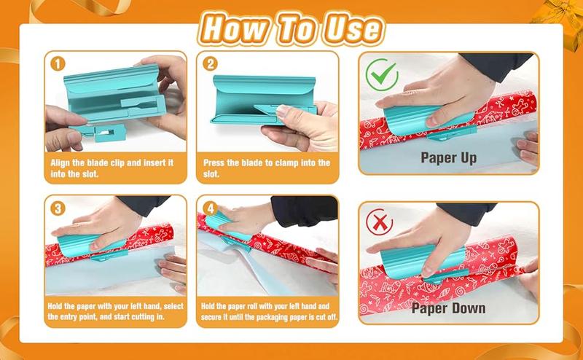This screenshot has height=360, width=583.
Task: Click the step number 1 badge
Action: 58,64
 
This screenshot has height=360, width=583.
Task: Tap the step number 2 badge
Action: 210,64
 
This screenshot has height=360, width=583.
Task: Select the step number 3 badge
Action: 58,208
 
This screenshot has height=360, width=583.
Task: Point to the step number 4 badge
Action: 210,208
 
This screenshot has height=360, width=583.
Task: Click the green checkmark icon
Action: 382,74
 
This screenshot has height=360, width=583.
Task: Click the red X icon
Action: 379,222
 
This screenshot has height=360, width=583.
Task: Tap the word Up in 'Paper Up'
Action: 469,158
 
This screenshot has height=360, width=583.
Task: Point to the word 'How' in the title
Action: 235,28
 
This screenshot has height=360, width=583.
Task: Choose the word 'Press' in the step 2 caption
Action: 214,163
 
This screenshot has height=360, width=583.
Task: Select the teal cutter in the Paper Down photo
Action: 424,264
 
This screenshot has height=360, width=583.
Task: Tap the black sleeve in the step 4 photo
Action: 304,210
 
